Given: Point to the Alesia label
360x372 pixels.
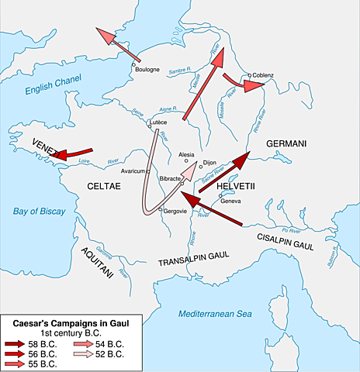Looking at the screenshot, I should [x=187, y=154].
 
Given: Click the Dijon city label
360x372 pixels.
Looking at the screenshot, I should [x=209, y=163].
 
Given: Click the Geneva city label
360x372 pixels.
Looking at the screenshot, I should [x=231, y=201].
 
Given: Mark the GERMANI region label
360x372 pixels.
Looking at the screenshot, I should [x=288, y=144].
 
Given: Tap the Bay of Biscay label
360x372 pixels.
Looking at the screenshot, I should [x=37, y=212].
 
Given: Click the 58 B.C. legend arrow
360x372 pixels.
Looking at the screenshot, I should [x=15, y=343].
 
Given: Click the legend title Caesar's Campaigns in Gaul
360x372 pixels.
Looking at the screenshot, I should [x=59, y=321].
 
